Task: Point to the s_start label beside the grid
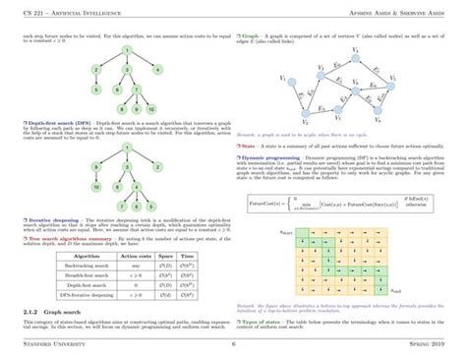pos(287,231)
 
